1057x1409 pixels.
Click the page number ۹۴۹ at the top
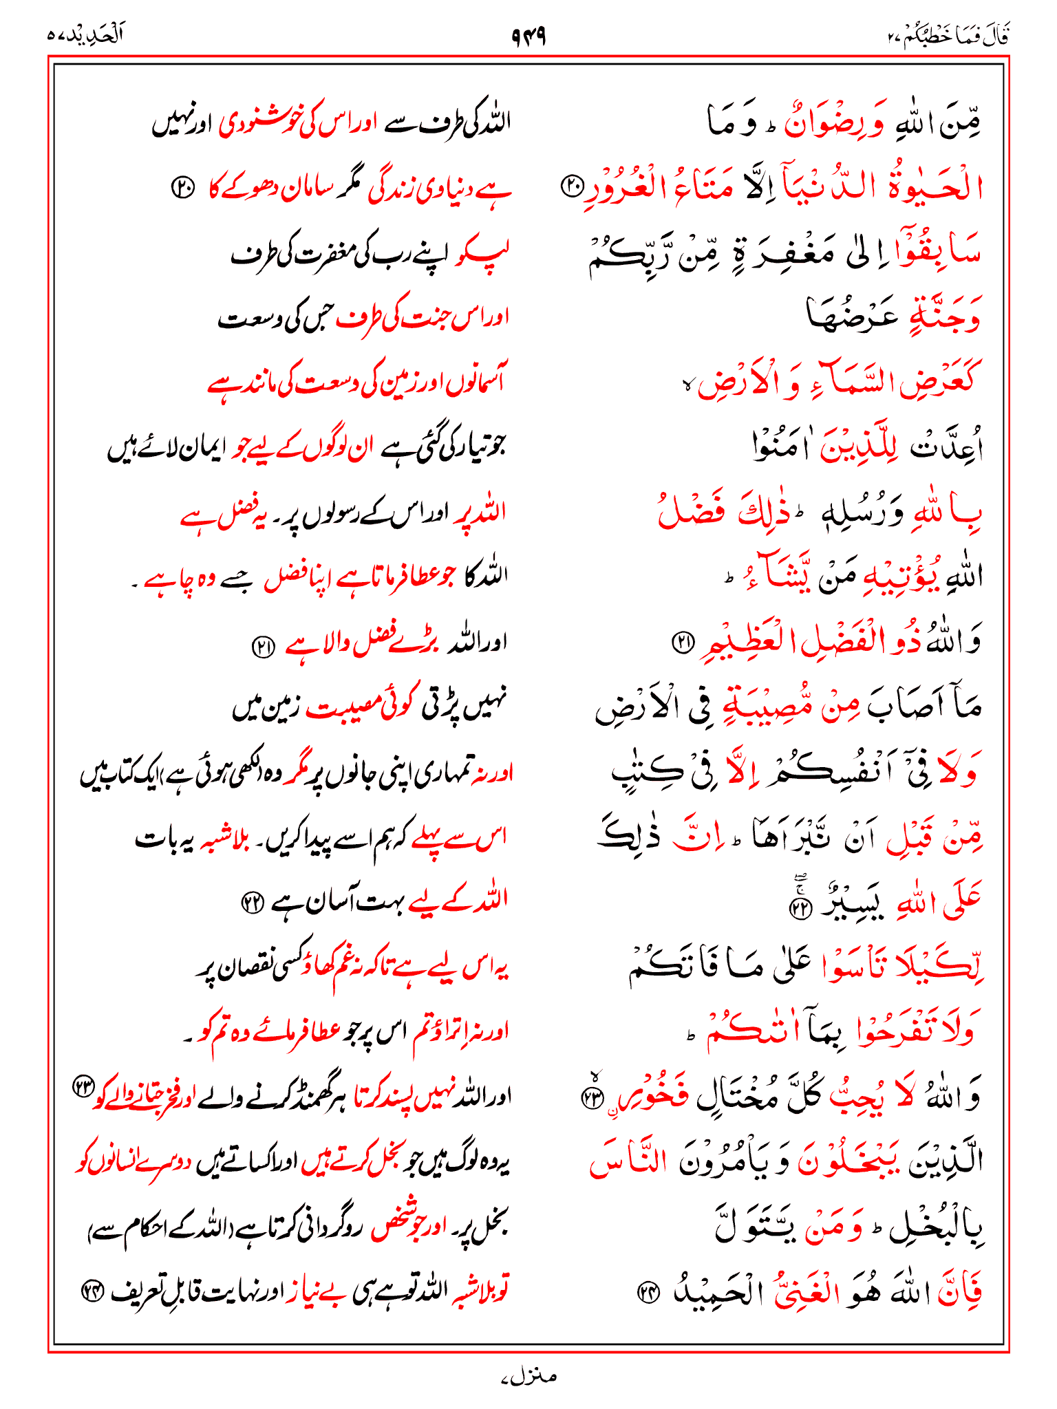point(528,35)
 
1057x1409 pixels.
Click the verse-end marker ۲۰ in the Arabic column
point(573,184)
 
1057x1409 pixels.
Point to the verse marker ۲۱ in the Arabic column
point(683,643)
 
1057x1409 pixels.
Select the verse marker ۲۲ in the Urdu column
point(251,901)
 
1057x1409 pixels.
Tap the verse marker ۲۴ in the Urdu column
point(92,1292)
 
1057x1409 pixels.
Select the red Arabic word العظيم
point(751,641)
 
